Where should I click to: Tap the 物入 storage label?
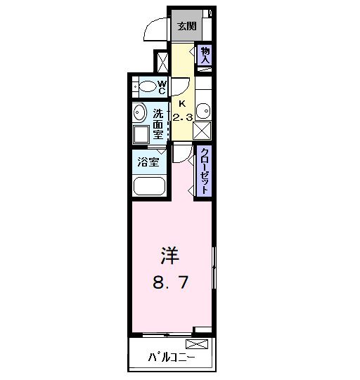(205, 55)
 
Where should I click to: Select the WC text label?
(161, 87)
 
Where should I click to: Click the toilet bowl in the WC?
(147, 87)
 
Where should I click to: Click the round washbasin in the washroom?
(137, 113)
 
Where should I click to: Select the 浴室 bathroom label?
(148, 162)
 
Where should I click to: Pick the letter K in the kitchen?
(181, 103)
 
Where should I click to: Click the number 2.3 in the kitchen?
(183, 117)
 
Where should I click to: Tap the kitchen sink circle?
(202, 110)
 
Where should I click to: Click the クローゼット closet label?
(205, 170)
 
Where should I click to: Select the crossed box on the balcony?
(197, 344)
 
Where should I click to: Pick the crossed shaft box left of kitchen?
(162, 61)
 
